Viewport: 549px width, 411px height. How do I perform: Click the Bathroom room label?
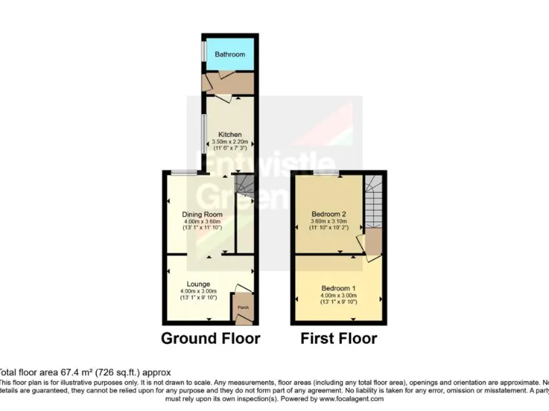230,54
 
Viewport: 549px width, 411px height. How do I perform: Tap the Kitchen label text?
230,135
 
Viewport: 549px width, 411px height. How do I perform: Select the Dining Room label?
202,214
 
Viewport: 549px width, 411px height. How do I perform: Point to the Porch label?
242,310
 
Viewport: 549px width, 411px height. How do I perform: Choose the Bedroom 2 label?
330,214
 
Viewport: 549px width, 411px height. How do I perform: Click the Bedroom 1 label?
338,288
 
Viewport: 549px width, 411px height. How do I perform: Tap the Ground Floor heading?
210,338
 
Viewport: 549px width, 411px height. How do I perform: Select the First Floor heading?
339,338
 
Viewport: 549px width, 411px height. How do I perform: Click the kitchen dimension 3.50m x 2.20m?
230,142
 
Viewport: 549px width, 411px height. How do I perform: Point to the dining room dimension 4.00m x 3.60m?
202,221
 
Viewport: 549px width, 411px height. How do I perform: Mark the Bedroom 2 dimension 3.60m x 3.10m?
330,221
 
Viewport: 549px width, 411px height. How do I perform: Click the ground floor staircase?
244,187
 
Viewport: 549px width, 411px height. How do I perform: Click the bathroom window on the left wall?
203,52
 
